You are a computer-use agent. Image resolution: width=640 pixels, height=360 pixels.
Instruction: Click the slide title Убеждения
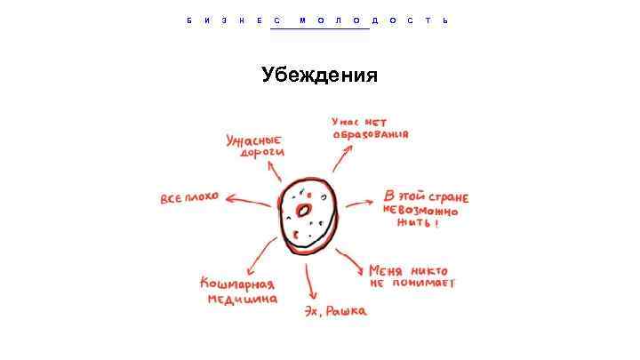tap(319, 76)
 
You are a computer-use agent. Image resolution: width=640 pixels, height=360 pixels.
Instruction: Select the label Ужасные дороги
tap(254, 145)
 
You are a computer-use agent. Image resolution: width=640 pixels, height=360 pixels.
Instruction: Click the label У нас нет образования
tap(370, 129)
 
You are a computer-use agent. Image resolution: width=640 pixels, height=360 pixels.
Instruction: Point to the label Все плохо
tap(188, 196)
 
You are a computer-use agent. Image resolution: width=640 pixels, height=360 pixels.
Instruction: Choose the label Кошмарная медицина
tap(237, 291)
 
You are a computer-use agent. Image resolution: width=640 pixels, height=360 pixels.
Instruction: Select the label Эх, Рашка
tap(334, 311)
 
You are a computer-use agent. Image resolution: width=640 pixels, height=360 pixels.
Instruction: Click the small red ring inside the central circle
tap(303, 211)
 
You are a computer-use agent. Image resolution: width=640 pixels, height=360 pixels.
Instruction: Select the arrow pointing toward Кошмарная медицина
tap(259, 255)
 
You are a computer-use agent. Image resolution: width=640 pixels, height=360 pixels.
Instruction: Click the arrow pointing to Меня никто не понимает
tap(350, 260)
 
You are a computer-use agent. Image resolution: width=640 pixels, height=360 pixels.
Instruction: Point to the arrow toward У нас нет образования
tap(340, 157)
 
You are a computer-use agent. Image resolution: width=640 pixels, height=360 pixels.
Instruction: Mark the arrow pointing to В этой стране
tap(359, 204)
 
